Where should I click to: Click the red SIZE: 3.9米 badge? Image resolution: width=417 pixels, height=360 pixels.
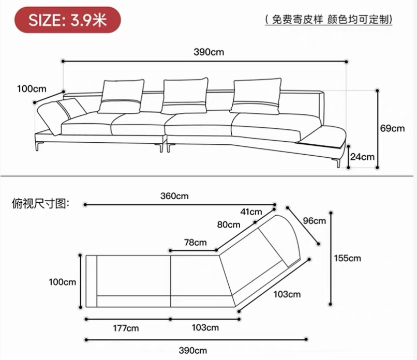pos(67,21)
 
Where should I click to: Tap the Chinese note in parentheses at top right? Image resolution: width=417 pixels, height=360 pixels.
pos(328,20)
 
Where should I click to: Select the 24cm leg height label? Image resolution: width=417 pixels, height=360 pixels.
pos(362,156)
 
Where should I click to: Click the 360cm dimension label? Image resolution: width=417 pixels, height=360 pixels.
pos(174,196)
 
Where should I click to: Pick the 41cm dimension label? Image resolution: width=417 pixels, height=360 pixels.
pos(251,212)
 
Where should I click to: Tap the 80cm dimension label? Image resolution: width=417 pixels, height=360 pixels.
pos(228,224)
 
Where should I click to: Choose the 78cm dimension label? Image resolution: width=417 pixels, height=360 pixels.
pos(195,242)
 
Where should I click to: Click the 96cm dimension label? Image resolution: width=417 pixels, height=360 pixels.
pos(315,221)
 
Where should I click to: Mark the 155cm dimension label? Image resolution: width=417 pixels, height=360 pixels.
pos(347,258)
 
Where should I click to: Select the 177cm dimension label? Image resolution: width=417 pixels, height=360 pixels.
pos(126,328)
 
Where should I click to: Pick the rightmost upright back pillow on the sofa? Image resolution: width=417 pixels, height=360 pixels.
pos(257,96)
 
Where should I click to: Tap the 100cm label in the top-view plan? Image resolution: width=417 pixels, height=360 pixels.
pos(63,282)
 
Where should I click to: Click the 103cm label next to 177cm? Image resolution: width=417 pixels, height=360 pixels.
pos(205,328)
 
